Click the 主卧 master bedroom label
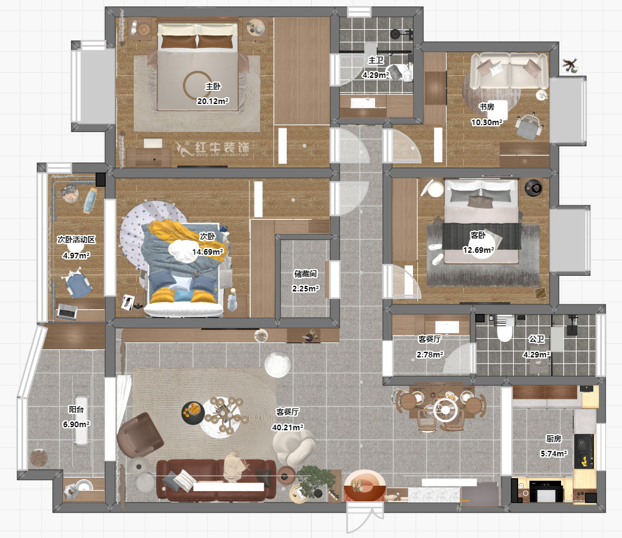pos(213,86)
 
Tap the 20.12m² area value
pos(213,101)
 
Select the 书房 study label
pos(487,107)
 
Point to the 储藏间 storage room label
pos(305,273)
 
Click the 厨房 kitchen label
pos(554,438)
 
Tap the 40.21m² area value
pos(287,427)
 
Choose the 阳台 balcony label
pos(76,409)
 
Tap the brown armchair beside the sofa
pos(139,435)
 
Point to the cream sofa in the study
pos(509,70)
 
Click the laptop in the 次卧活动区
pos(67,312)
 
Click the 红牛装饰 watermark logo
pos(213,148)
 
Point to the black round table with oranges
pos(193,413)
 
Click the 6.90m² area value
pos(76,424)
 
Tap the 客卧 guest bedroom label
pos(478,235)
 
